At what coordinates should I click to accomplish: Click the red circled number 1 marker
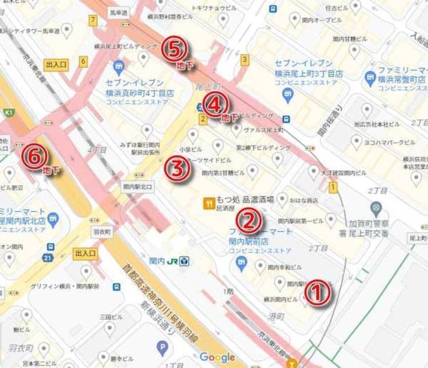(x=317, y=293)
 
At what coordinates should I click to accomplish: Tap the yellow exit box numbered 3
(x=244, y=60)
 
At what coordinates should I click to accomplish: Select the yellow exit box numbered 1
(x=334, y=187)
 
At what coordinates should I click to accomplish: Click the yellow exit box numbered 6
(x=83, y=61)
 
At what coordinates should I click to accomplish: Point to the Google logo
(x=217, y=357)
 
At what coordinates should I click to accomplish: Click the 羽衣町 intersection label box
(x=102, y=232)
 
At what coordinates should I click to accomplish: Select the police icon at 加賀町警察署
(x=375, y=208)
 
